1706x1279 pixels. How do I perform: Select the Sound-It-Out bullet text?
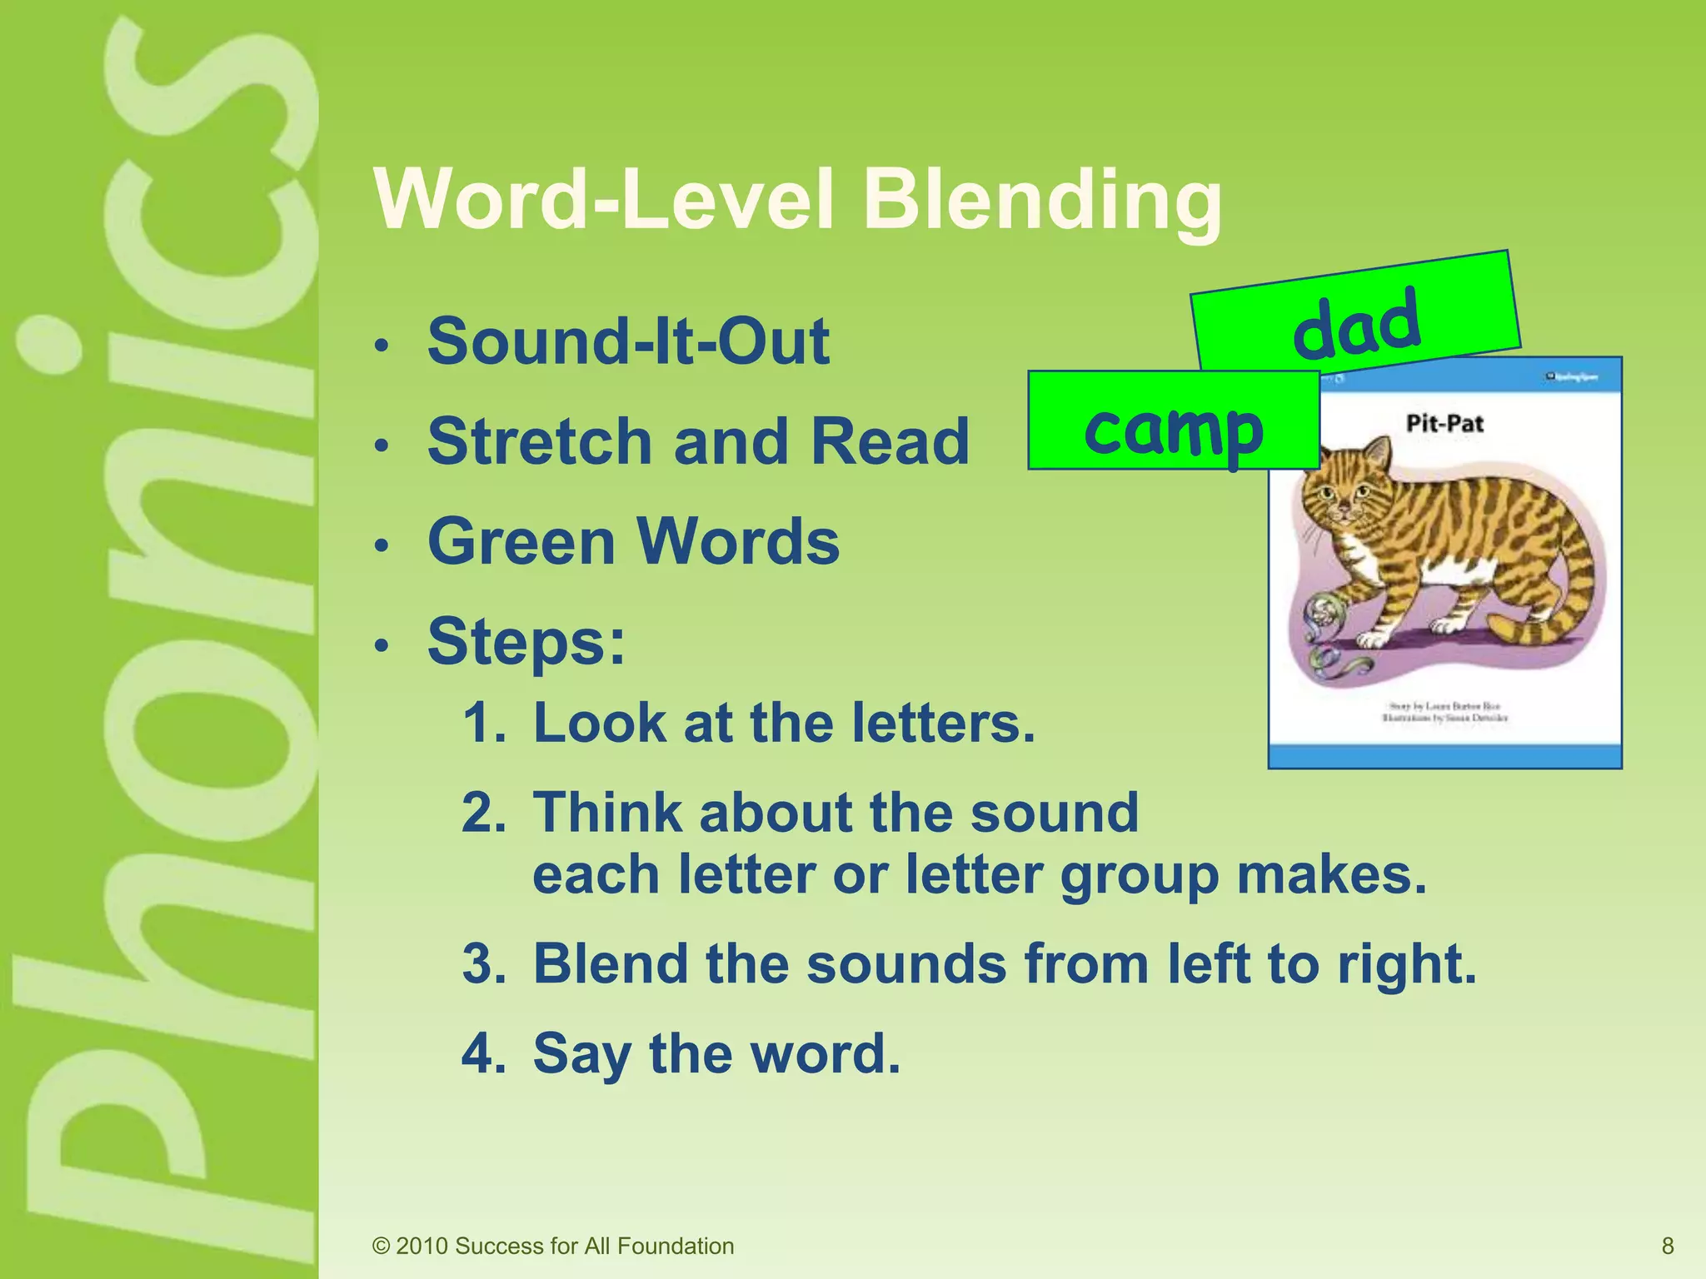click(628, 341)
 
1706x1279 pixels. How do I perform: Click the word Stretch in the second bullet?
click(540, 441)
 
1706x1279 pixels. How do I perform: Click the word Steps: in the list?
click(526, 641)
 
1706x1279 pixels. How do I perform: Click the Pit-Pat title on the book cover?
click(1444, 423)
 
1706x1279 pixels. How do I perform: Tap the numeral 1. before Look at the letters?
click(483, 722)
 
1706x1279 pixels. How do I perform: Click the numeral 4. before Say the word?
click(483, 1053)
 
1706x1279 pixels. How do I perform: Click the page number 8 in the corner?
click(1668, 1246)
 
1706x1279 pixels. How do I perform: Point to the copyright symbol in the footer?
click(381, 1247)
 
